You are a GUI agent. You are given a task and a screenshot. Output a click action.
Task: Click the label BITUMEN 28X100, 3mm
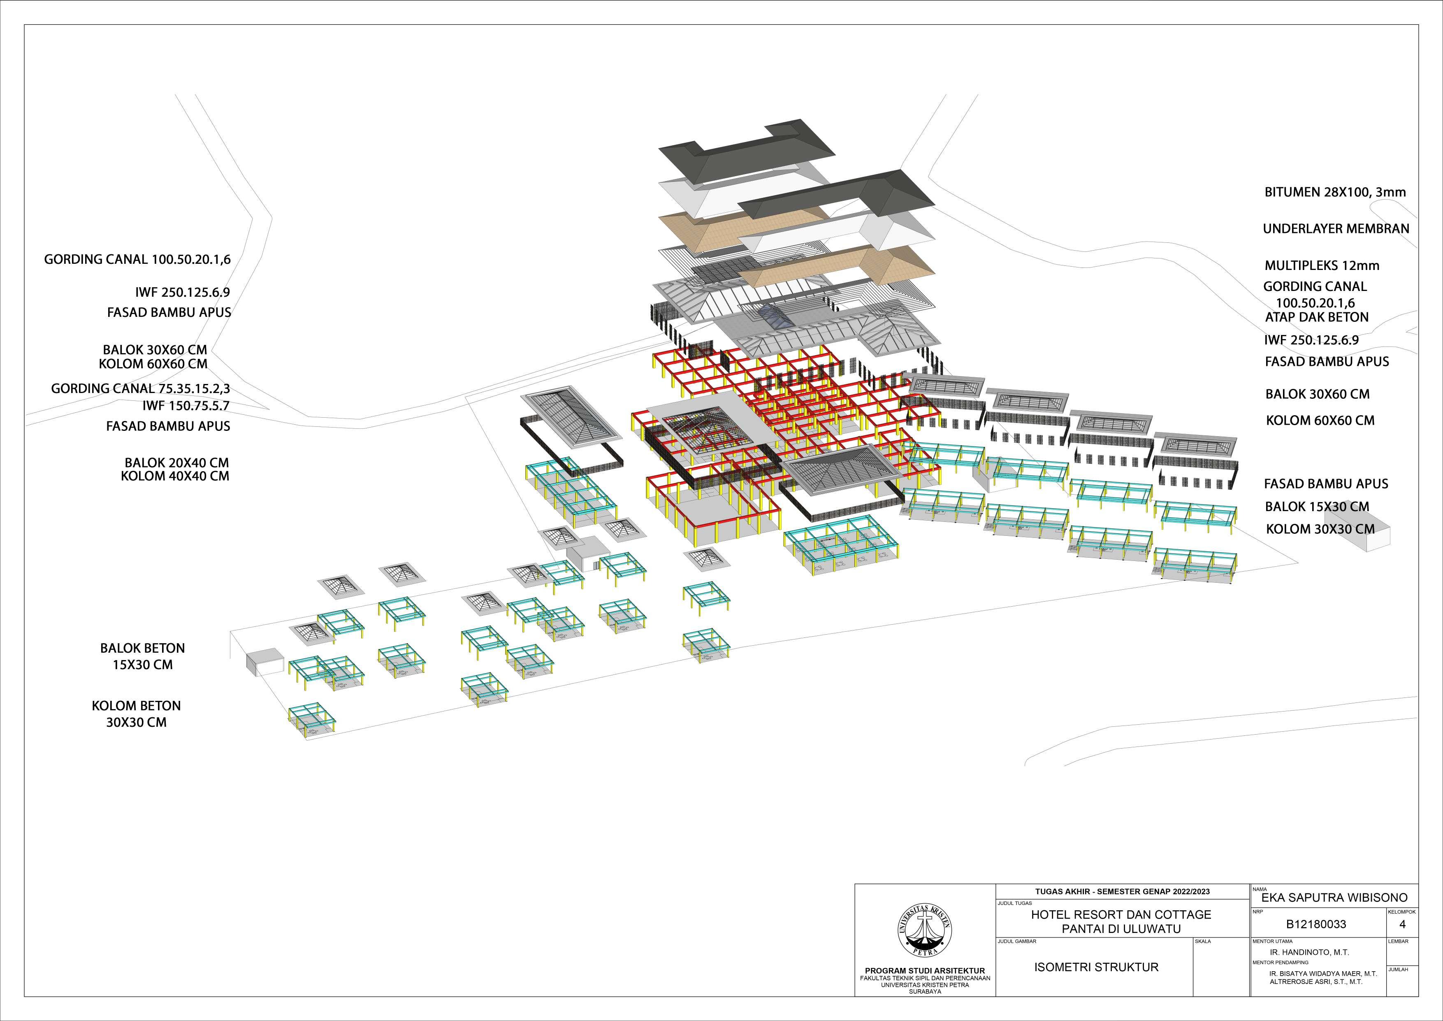click(1335, 192)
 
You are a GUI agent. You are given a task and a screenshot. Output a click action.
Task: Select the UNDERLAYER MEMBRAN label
click(1336, 229)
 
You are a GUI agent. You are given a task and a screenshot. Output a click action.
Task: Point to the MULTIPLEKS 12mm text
click(1322, 265)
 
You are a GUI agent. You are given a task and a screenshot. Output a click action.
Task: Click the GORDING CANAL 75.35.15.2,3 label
click(140, 388)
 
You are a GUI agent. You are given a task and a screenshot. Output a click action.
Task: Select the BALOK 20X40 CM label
click(176, 463)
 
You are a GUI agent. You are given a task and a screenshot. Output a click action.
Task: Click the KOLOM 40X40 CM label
click(175, 476)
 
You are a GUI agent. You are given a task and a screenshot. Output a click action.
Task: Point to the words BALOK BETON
click(143, 648)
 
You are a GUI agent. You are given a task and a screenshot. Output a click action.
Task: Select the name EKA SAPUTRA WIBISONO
click(1334, 897)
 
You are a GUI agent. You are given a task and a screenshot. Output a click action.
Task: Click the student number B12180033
click(1316, 925)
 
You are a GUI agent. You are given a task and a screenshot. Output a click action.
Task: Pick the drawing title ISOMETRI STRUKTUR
click(1096, 967)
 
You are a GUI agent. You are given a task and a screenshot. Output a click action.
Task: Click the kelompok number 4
click(1402, 924)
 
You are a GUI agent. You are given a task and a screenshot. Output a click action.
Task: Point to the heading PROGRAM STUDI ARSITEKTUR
click(925, 971)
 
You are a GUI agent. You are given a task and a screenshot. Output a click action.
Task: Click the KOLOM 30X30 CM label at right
click(1320, 529)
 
